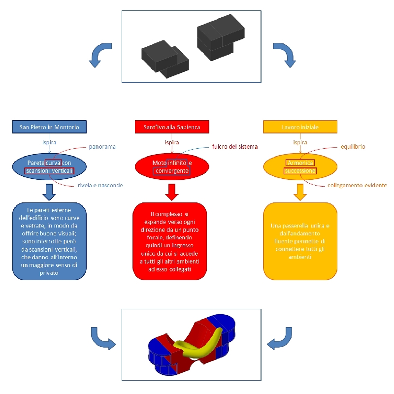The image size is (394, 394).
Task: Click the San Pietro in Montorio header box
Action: point(49,127)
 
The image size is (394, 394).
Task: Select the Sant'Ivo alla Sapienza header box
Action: point(171,127)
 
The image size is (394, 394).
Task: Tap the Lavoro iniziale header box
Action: point(300,127)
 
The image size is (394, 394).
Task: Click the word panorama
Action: point(102,146)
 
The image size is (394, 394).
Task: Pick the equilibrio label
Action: point(353,146)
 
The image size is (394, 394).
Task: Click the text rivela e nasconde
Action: point(100,185)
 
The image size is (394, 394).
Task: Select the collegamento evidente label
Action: point(357,185)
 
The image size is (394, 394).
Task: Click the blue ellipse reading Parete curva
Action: point(49,166)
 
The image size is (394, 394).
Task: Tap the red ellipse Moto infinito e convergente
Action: point(171,166)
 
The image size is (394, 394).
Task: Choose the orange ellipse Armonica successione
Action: point(300,166)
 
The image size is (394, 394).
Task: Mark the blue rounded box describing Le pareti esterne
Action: point(49,241)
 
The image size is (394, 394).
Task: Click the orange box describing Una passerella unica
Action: point(300,241)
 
